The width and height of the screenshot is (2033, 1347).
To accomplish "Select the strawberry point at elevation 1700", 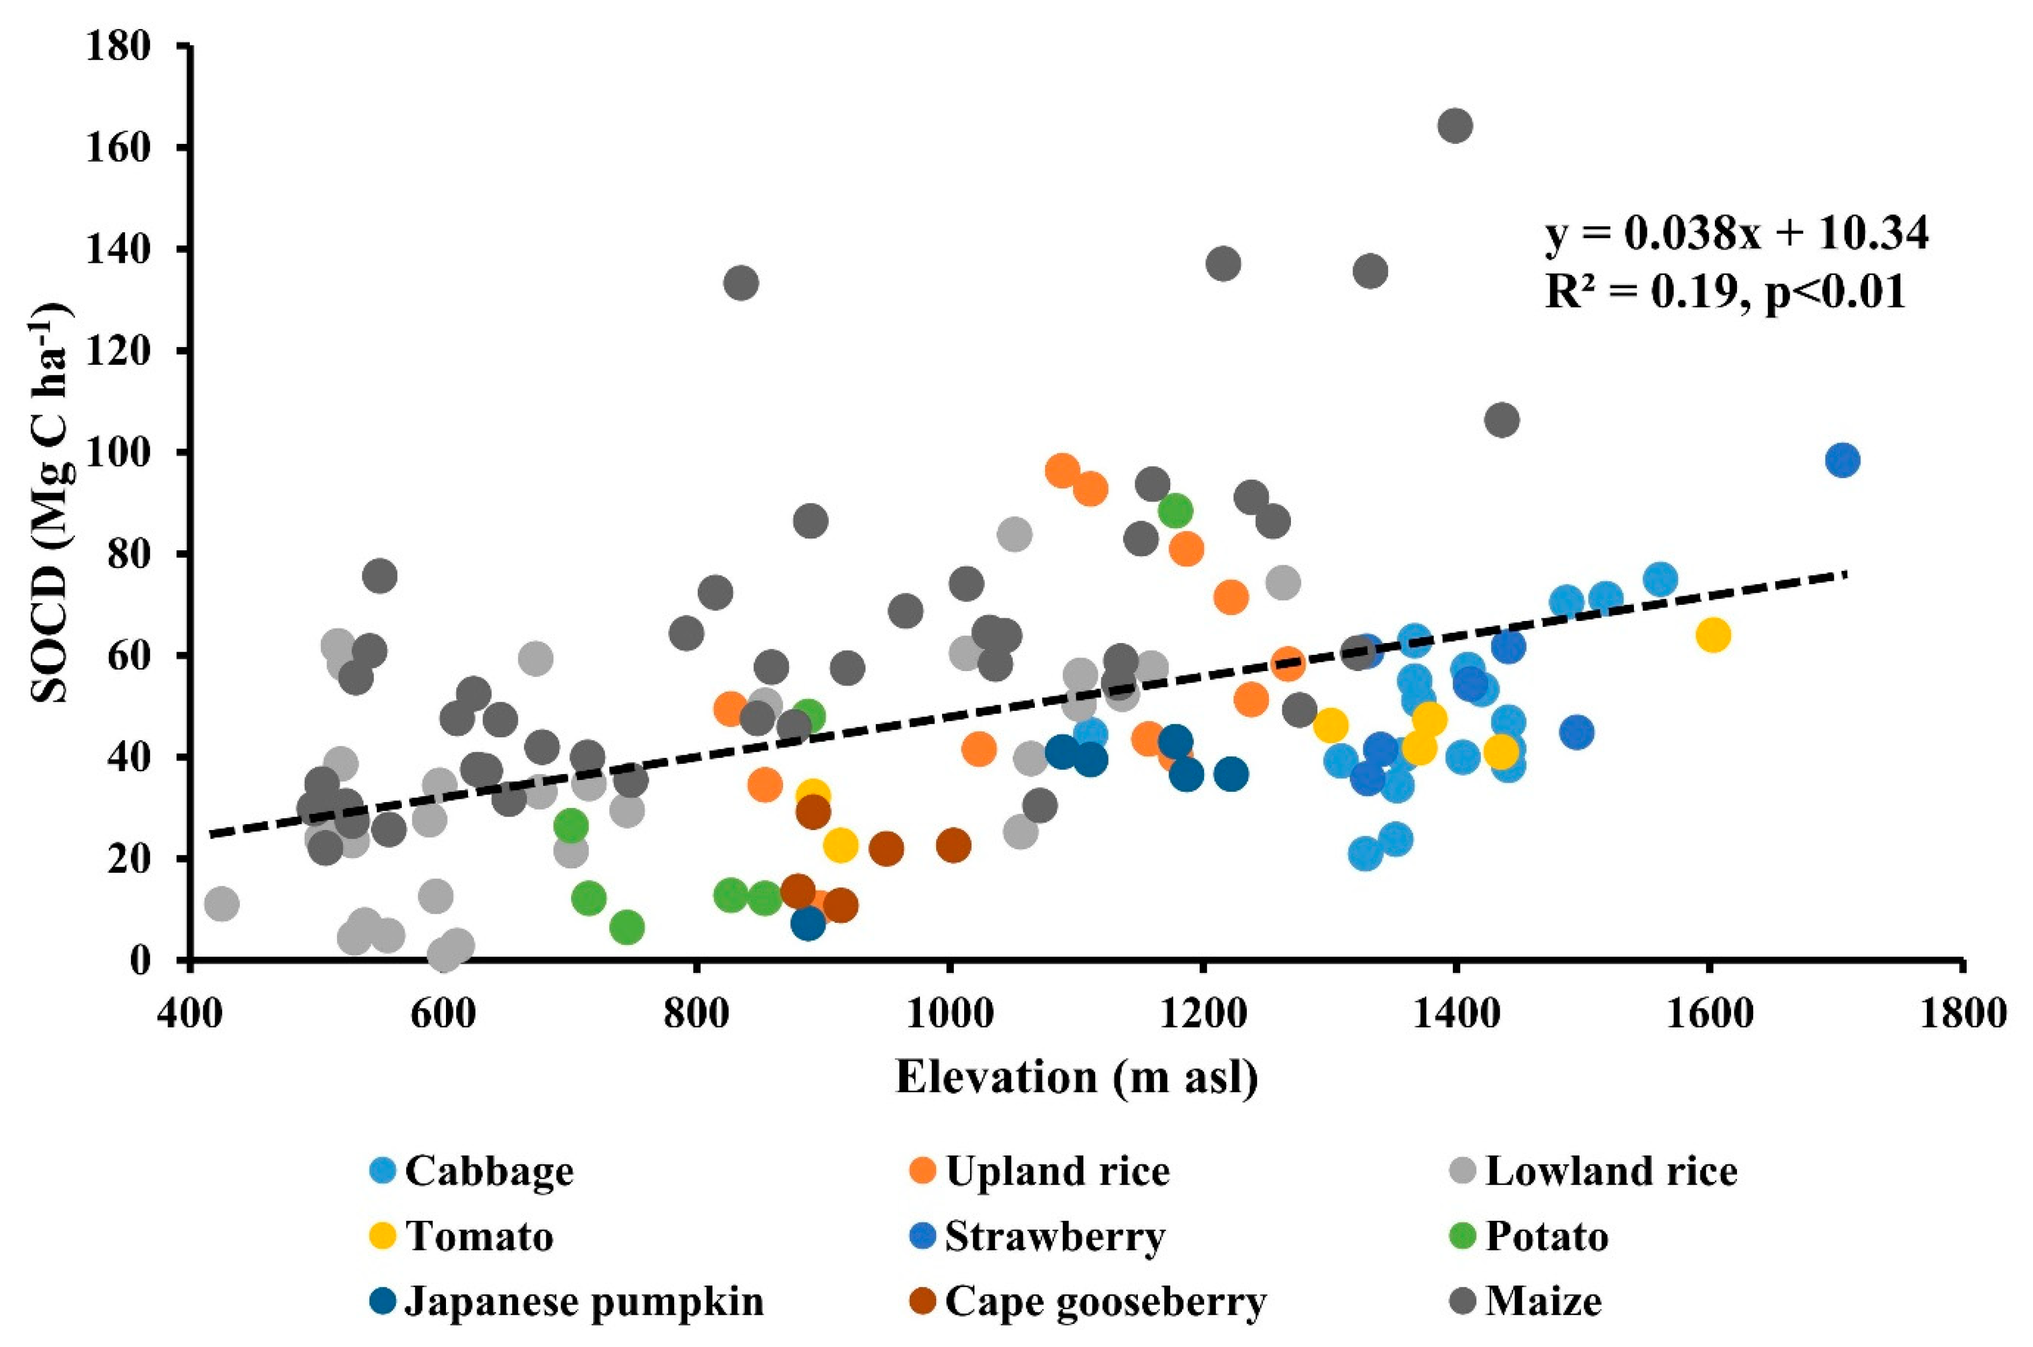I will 1842,460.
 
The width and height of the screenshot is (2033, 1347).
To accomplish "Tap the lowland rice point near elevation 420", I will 222,904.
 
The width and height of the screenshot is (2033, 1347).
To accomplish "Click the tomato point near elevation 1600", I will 1713,635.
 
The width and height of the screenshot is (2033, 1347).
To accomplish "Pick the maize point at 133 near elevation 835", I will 741,282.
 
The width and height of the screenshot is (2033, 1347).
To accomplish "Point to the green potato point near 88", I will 1175,511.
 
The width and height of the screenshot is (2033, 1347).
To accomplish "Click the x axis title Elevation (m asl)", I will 1077,1078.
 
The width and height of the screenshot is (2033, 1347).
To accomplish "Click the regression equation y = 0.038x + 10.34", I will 1736,234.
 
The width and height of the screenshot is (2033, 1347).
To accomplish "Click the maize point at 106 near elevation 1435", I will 1501,420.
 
